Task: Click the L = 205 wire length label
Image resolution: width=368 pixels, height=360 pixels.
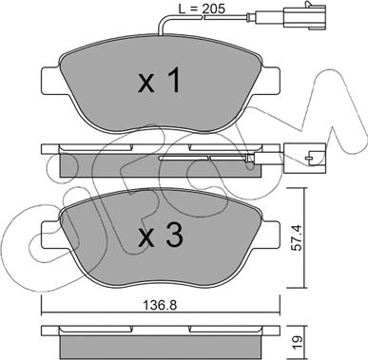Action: [x=202, y=9]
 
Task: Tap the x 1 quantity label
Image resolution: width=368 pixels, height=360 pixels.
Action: [x=160, y=81]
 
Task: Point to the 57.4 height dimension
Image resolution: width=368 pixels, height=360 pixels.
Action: [x=296, y=237]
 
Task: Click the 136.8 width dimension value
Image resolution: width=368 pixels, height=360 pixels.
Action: [x=160, y=305]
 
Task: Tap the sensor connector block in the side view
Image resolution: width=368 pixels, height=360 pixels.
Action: [x=304, y=158]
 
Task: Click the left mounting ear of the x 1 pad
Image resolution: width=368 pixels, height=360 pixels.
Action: [x=51, y=81]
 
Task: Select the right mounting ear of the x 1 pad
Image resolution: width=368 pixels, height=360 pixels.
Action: [x=270, y=81]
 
